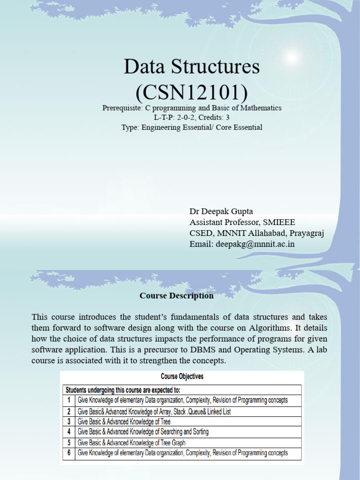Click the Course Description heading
tap(176, 296)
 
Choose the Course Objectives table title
tap(182, 376)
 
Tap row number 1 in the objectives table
tap(69, 400)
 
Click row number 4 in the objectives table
tap(69, 432)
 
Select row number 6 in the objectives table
tap(69, 453)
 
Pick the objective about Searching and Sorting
tap(143, 432)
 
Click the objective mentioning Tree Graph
tap(131, 442)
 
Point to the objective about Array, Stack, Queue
tap(154, 412)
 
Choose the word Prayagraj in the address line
tap(307, 233)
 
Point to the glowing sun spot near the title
tap(292, 57)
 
